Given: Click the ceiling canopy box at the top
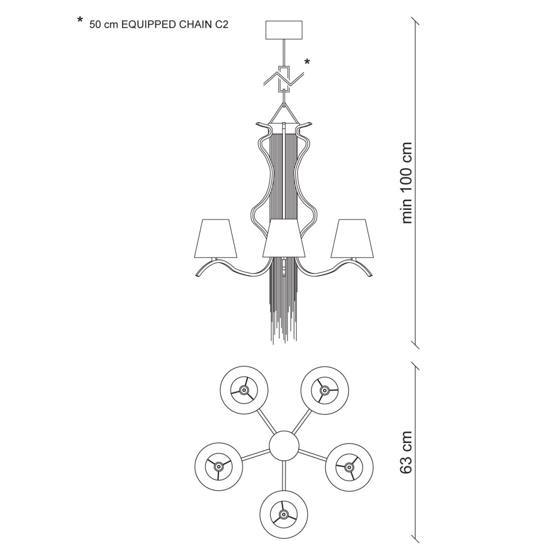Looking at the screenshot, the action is point(284,30).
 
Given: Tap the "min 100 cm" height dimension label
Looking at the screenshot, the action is point(407,183).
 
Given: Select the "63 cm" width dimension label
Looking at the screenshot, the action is point(406,453).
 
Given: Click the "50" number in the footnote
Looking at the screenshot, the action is point(95,25).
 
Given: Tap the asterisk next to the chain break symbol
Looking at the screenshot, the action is point(307,62).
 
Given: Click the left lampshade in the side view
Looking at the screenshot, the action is point(215,239).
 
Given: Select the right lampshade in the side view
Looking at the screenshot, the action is point(352,239).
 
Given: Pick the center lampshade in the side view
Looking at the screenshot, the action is point(284,239).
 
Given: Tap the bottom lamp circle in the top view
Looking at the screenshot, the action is point(284,514).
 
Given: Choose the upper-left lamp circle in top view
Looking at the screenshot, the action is point(244,390).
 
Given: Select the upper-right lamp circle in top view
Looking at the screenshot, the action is point(324,390).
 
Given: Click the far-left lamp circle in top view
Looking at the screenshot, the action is point(218,467).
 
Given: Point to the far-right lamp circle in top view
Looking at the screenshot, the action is point(350,467).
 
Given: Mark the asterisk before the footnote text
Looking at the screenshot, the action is point(80,20).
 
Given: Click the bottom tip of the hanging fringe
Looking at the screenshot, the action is point(273,343).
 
